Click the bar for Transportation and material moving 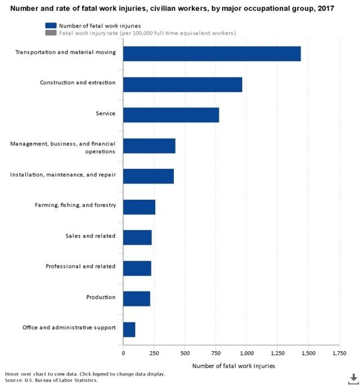(211, 53)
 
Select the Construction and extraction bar (182, 84)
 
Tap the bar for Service (171, 115)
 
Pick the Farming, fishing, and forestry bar (139, 207)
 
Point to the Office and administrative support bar (129, 329)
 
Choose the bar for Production (137, 298)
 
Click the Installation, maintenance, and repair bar (148, 176)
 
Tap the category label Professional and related (80, 266)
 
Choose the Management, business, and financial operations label (62, 147)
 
